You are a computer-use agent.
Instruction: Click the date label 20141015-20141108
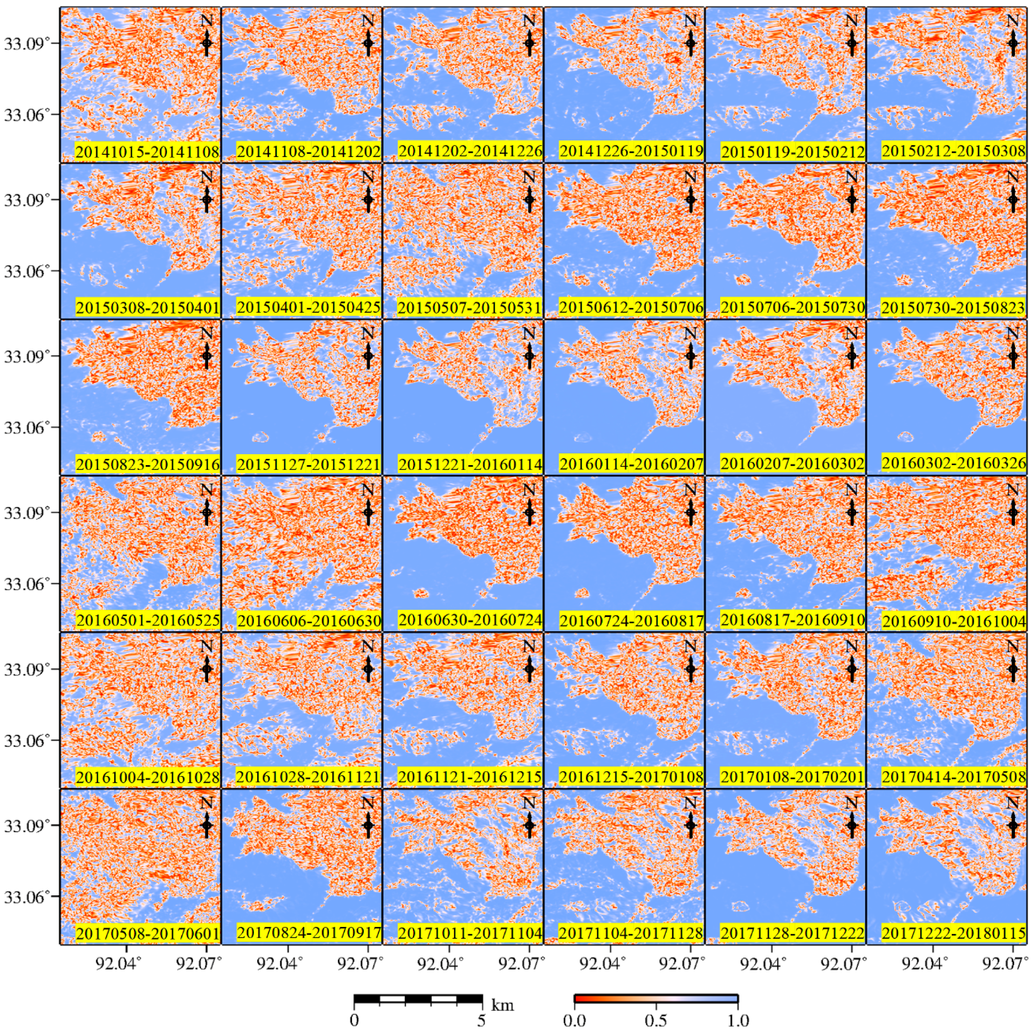click(x=147, y=152)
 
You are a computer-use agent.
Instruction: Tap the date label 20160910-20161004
click(x=954, y=621)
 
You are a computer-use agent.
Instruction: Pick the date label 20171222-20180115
click(x=954, y=933)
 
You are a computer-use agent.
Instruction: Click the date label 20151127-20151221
click(x=309, y=464)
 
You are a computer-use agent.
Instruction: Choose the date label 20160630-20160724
click(x=470, y=620)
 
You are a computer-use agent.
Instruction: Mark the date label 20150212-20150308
click(x=954, y=151)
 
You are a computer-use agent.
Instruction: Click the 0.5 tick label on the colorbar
click(x=655, y=1020)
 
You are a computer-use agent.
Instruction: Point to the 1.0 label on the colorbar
click(x=738, y=1020)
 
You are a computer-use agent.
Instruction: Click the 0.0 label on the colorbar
click(x=574, y=1020)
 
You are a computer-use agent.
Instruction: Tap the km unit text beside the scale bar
click(x=502, y=1005)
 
